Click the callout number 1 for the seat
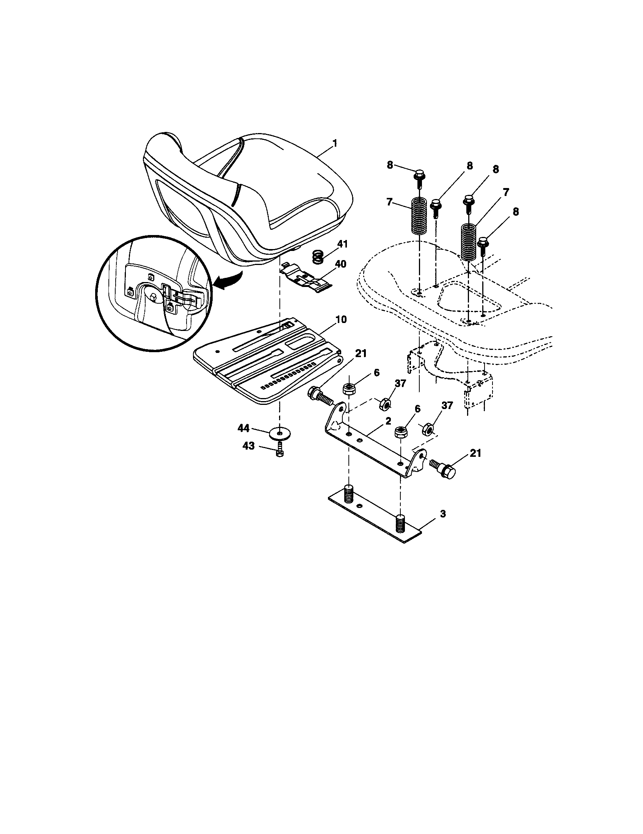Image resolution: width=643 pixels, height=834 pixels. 334,144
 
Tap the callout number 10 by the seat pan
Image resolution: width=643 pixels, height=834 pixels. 341,319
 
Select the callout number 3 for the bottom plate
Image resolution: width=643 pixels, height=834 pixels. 442,514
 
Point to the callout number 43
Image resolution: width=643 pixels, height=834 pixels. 249,446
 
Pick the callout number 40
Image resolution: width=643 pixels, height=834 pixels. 340,263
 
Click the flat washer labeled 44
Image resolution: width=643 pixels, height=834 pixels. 281,434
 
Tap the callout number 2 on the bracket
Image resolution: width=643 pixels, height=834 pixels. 388,421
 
